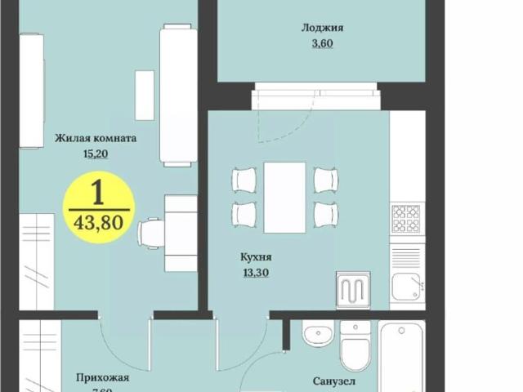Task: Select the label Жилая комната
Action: pyautogui.click(x=96, y=138)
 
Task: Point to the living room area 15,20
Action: pyautogui.click(x=96, y=152)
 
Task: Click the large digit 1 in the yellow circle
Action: pyautogui.click(x=97, y=192)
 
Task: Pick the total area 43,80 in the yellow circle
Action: pyautogui.click(x=98, y=222)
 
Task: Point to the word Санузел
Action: pyautogui.click(x=334, y=381)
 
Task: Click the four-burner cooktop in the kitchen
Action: pyautogui.click(x=406, y=218)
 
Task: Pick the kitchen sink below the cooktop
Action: pyautogui.click(x=406, y=286)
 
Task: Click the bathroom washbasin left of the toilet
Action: pyautogui.click(x=316, y=335)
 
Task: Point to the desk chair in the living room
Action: pyautogui.click(x=151, y=234)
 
